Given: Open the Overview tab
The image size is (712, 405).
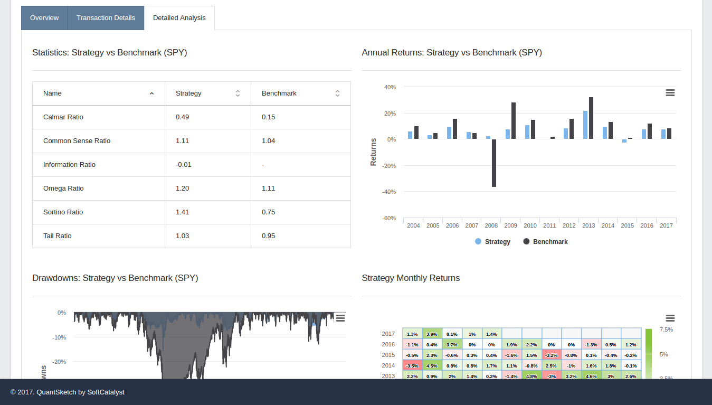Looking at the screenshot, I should [x=44, y=18].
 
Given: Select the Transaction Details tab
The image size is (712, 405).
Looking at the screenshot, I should [x=106, y=18].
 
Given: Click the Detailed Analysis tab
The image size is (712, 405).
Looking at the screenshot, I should [x=179, y=18].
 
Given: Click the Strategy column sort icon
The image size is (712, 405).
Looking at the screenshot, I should [x=238, y=93].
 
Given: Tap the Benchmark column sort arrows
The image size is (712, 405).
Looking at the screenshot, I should [x=337, y=93].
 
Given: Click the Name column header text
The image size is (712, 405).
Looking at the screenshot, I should [x=52, y=93].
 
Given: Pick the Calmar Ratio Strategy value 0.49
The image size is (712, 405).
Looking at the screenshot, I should [x=182, y=117].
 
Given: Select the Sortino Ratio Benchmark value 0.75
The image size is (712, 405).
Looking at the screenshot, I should [x=268, y=212].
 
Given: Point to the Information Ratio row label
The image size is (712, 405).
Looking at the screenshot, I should [x=69, y=165].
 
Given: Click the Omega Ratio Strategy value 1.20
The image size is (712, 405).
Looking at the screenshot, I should [x=182, y=189].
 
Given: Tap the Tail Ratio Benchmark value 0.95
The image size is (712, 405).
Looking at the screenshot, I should [x=268, y=236].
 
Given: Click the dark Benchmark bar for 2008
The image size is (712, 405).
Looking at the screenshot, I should [x=494, y=163].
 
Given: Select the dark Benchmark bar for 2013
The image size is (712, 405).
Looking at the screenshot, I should [x=591, y=118].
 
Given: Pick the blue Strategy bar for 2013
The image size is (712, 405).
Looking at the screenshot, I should [x=585, y=125].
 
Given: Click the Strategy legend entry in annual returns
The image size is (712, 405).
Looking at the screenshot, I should [x=492, y=242].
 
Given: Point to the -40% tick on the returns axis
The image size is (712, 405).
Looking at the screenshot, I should [x=389, y=192].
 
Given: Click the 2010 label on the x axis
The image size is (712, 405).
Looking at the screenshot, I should [x=530, y=225].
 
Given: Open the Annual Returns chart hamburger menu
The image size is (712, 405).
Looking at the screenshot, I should [x=670, y=93].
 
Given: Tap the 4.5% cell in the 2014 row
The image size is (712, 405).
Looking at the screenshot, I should [x=432, y=365].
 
